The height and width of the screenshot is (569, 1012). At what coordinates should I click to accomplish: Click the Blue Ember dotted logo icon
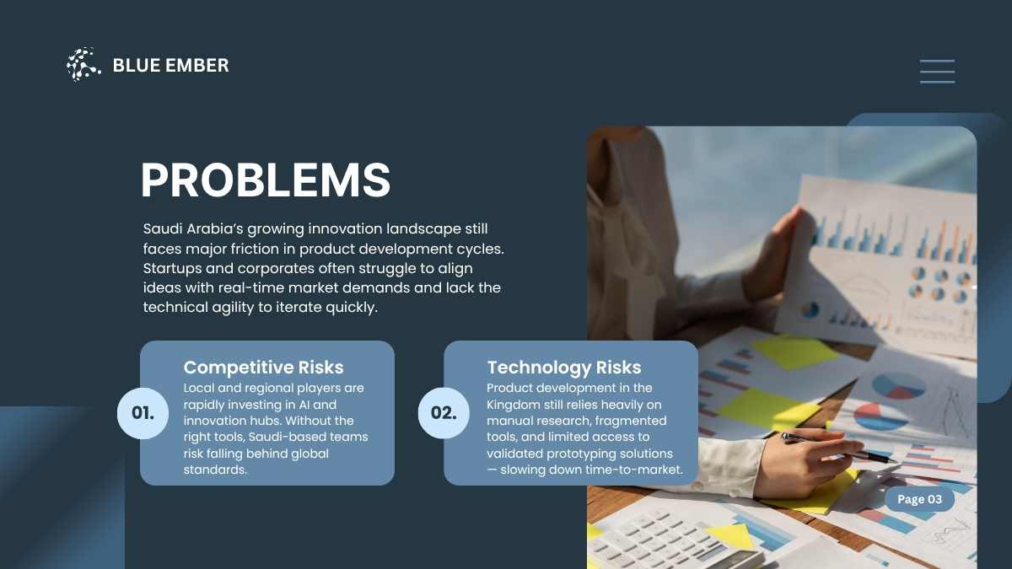pos(83,65)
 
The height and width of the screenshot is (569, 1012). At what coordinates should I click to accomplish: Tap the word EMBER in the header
pos(197,66)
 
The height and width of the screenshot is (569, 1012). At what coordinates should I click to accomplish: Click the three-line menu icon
pos(938,72)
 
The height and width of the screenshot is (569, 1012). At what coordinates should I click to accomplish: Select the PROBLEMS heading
pos(266,180)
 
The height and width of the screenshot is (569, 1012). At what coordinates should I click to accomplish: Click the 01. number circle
pos(143,413)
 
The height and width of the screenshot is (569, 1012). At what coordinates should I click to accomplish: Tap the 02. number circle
pos(444,413)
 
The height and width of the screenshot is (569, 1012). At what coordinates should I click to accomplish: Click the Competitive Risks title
pos(263,368)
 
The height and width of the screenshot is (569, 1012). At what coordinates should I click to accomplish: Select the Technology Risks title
pos(564,368)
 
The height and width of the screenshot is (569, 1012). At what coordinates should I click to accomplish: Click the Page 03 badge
pos(919,499)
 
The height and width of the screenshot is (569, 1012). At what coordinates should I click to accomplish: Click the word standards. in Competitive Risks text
pos(215,470)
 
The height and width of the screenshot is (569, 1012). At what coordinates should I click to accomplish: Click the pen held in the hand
pos(838,448)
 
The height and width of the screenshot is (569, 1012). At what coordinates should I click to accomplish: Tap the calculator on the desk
pos(674,539)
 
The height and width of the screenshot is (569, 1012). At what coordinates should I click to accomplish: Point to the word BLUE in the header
pos(137,66)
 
